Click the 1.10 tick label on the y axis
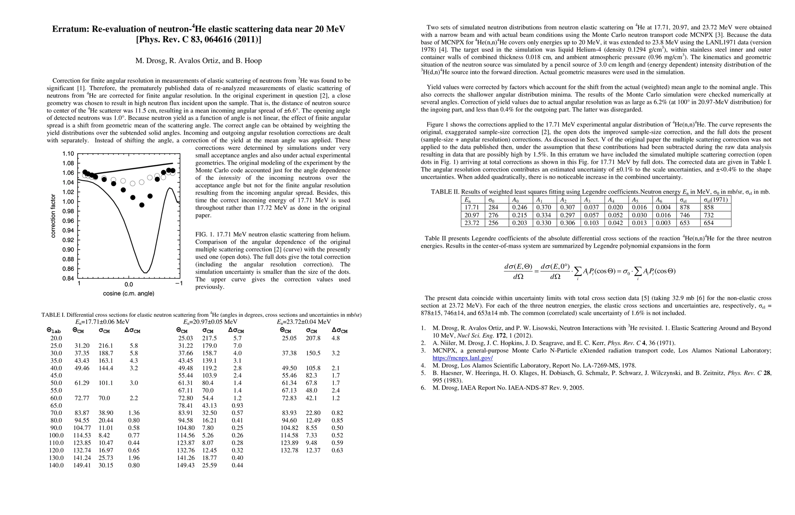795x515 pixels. pyautogui.click(x=68, y=154)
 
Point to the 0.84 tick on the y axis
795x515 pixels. pyautogui.click(x=68, y=279)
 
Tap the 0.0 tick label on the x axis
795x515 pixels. pyautogui.click(x=129, y=284)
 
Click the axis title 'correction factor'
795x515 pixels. pyautogui.click(x=53, y=216)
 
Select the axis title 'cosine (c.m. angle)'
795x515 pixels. pyautogui.click(x=129, y=294)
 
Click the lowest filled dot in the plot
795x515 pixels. pyautogui.click(x=142, y=205)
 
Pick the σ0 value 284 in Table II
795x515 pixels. pyautogui.click(x=493, y=207)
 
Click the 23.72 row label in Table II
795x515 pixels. pyautogui.click(x=472, y=223)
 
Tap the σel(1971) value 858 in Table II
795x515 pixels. pyautogui.click(x=708, y=207)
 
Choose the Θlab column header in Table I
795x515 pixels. pyautogui.click(x=54, y=330)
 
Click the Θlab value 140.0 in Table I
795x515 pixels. pyautogui.click(x=56, y=465)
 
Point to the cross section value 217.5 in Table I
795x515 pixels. pyautogui.click(x=209, y=338)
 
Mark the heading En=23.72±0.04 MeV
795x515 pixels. pyautogui.click(x=304, y=322)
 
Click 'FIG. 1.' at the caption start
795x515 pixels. pyautogui.click(x=205, y=234)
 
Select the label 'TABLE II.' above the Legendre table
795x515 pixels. pyautogui.click(x=445, y=192)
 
